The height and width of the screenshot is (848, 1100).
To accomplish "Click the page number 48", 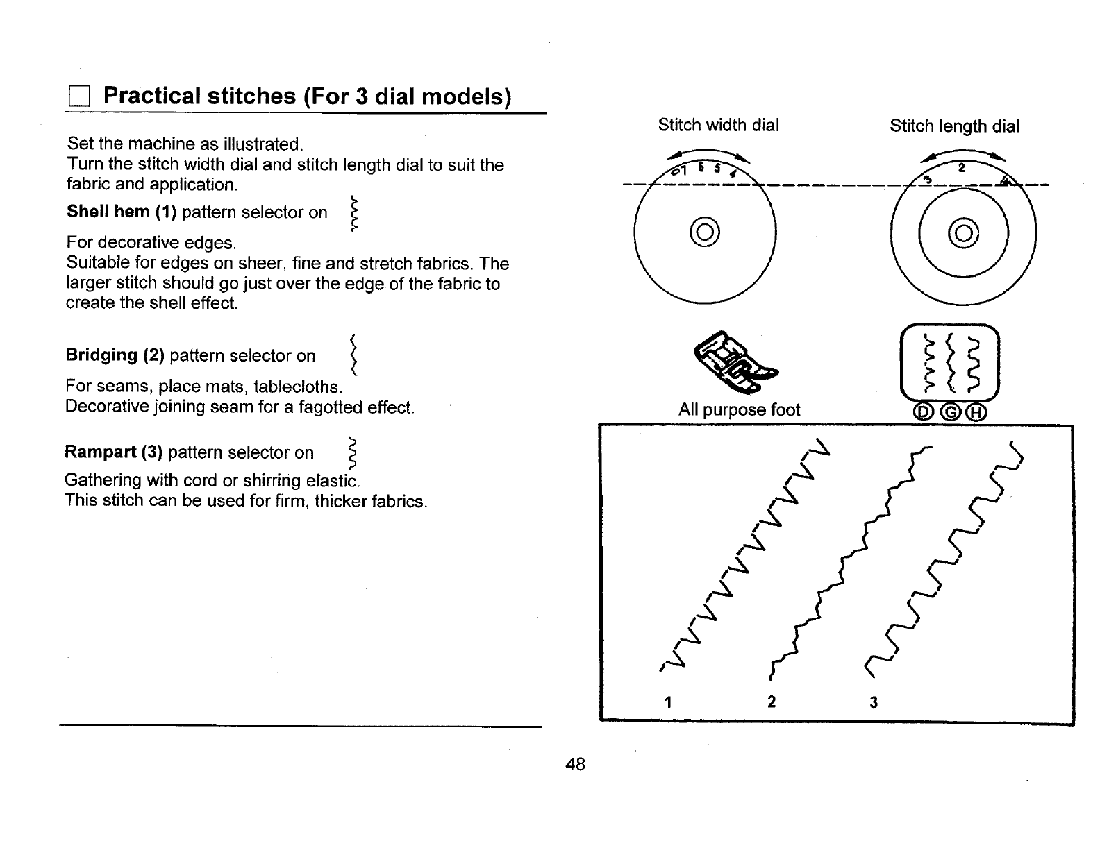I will (576, 765).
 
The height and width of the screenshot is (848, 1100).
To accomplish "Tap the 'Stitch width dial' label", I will (718, 125).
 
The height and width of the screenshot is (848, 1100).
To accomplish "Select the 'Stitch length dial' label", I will (954, 126).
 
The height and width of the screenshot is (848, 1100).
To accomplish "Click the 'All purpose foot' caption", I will (739, 410).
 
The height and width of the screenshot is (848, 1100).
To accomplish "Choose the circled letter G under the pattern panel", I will (949, 413).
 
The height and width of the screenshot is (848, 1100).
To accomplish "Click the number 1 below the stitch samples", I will (667, 702).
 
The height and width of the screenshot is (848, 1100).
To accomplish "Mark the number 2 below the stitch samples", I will (772, 702).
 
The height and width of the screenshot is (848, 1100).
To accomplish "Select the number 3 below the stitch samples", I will (874, 702).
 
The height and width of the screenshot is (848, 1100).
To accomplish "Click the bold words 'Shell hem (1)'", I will (122, 212).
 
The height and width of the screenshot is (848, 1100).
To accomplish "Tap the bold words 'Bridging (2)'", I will (115, 355).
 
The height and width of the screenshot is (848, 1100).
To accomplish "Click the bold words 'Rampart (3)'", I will (113, 452).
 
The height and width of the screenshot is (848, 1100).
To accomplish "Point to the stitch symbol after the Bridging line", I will (353, 355).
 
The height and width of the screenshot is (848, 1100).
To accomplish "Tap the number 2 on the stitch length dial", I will (962, 168).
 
